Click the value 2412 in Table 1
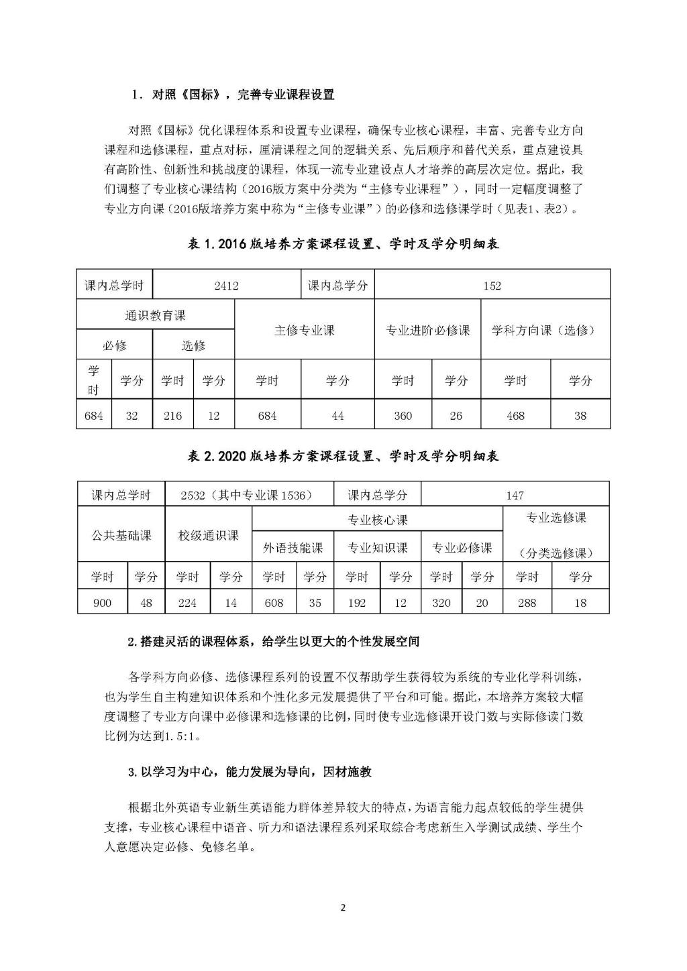click(x=226, y=285)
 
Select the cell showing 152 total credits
click(x=492, y=285)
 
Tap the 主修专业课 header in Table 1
click(x=304, y=330)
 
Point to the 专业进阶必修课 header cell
click(x=427, y=330)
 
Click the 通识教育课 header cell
click(x=155, y=315)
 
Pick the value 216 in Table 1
click(x=172, y=416)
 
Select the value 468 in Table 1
click(x=515, y=416)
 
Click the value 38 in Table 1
click(x=580, y=416)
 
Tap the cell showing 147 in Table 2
click(x=515, y=496)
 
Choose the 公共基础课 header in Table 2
click(x=121, y=535)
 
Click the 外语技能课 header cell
click(x=293, y=548)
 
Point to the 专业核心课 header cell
click(x=377, y=520)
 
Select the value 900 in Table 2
click(x=102, y=603)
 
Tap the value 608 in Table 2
click(x=274, y=603)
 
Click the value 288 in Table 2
click(x=527, y=603)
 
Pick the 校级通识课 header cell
click(x=208, y=535)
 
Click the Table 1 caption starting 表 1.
click(x=343, y=245)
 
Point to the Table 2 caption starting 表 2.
click(x=343, y=456)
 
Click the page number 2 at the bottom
click(x=343, y=908)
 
